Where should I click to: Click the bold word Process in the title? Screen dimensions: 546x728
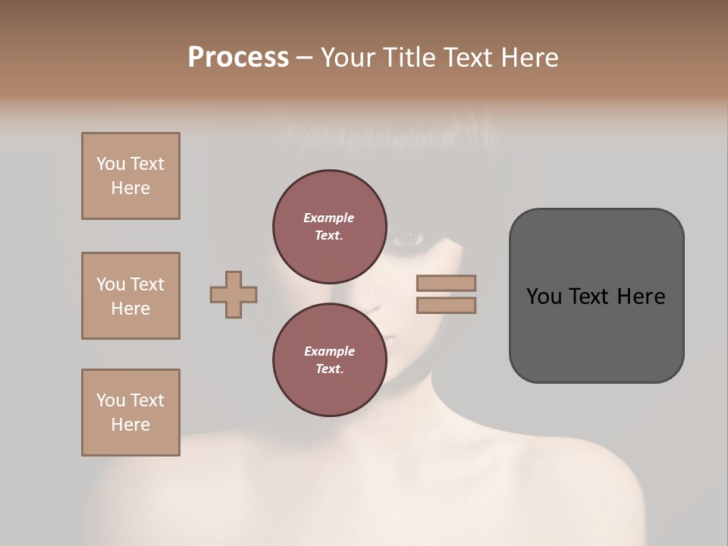click(x=238, y=58)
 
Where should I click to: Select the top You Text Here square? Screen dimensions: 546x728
click(x=130, y=176)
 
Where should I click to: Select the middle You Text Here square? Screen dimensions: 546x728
click(x=130, y=296)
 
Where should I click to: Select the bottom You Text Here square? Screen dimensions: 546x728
click(x=130, y=412)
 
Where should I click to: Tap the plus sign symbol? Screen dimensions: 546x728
click(x=234, y=294)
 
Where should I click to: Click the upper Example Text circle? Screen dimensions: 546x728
click(x=329, y=226)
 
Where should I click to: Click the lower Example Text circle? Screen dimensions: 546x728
click(x=329, y=359)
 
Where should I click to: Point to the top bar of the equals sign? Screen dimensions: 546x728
click(x=446, y=283)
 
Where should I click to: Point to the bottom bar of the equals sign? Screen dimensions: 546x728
click(x=446, y=306)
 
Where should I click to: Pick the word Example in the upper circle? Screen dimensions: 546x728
click(x=329, y=218)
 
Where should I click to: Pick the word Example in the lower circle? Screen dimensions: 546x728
click(x=329, y=351)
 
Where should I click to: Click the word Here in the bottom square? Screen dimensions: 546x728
click(x=130, y=425)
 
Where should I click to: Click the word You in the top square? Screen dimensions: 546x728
click(x=111, y=164)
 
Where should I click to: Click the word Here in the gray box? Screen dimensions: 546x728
click(x=641, y=297)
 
